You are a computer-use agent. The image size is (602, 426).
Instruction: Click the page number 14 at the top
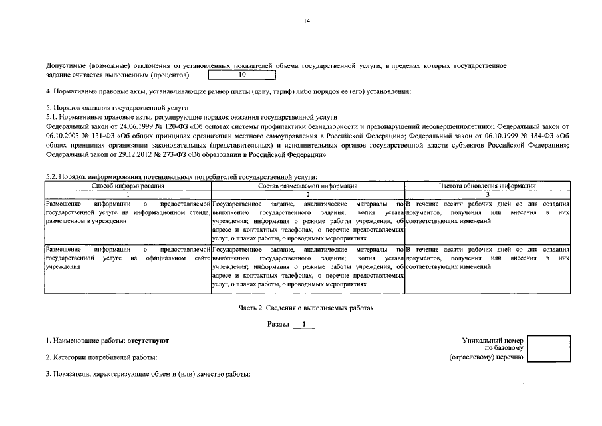click(x=307, y=21)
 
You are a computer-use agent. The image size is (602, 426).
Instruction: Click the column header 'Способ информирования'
click(x=127, y=186)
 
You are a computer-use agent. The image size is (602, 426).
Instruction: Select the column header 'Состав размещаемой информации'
click(x=307, y=186)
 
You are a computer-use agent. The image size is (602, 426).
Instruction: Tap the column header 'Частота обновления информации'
click(x=488, y=186)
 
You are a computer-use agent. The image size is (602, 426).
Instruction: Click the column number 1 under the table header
click(x=127, y=194)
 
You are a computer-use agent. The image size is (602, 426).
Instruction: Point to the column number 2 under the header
click(x=307, y=194)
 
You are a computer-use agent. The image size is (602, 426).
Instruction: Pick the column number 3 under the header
click(x=488, y=194)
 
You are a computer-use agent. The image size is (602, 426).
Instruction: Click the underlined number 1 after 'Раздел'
click(x=303, y=325)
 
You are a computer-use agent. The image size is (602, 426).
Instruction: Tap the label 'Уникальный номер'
click(x=493, y=340)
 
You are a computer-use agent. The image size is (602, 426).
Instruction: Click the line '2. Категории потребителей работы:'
click(x=100, y=357)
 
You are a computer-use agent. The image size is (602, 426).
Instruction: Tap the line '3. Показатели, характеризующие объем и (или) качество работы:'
click(x=148, y=375)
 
